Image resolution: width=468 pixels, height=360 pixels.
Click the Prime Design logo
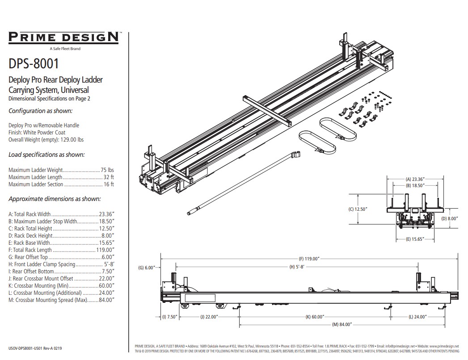click(x=63, y=37)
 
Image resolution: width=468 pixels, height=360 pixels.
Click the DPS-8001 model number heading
click(x=34, y=63)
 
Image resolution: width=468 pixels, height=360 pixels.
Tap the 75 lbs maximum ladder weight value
click(x=107, y=170)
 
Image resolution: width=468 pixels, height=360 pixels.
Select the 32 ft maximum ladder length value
click(x=109, y=177)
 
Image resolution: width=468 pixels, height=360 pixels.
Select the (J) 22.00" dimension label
click(x=209, y=317)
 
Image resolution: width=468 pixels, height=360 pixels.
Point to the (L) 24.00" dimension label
click(x=417, y=317)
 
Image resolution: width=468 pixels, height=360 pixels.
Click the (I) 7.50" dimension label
click(x=170, y=317)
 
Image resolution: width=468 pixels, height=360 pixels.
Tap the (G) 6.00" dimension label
click(x=147, y=268)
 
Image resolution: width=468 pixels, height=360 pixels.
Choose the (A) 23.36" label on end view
click(x=414, y=178)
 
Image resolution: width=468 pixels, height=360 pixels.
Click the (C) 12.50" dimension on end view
click(x=358, y=209)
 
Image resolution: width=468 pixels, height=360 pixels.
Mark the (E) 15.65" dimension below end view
click(x=414, y=239)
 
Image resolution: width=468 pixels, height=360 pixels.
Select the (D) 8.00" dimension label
click(x=450, y=219)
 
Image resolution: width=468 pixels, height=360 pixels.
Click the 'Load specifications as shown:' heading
click(x=47, y=155)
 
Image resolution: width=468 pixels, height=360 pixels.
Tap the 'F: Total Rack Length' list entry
click(x=61, y=250)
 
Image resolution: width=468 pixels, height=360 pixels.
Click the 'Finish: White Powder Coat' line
click(x=37, y=132)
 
